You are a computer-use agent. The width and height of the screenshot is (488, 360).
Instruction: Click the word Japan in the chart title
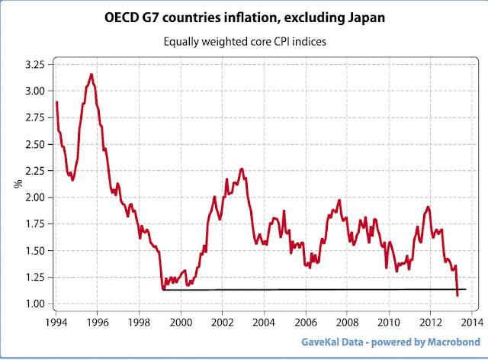coord(360,17)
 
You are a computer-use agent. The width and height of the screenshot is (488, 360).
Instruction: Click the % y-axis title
coord(18,184)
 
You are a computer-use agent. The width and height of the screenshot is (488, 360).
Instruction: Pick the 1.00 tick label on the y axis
coord(34,304)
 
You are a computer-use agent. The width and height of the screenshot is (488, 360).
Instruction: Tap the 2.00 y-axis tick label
coord(34,198)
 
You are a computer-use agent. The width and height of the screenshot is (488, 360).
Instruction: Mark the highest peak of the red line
coord(91,74)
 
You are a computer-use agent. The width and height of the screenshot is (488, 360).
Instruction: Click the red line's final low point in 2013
coord(457,295)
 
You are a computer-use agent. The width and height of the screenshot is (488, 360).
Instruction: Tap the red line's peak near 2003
coord(241,169)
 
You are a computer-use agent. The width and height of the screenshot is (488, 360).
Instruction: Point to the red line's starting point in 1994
coord(56,101)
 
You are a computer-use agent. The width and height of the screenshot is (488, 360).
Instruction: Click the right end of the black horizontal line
coord(465,289)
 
